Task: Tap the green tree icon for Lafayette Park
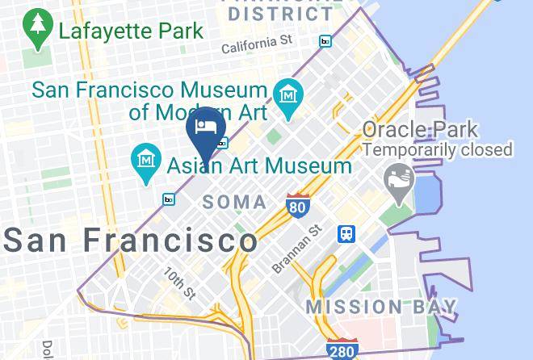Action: tap(37, 30)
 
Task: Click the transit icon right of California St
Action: tap(325, 41)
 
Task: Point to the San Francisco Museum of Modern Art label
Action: tap(149, 100)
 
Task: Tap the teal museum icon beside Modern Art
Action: tap(287, 97)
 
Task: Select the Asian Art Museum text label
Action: tap(259, 166)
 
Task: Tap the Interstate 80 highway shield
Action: tap(297, 205)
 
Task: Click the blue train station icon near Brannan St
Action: tap(347, 233)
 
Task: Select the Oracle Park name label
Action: tap(419, 129)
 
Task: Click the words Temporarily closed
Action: tap(438, 149)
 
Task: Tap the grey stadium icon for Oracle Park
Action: tap(397, 176)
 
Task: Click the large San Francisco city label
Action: tap(132, 240)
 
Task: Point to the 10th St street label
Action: tap(180, 282)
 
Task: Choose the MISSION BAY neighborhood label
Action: tap(381, 307)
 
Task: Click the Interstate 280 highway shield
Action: tap(343, 349)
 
